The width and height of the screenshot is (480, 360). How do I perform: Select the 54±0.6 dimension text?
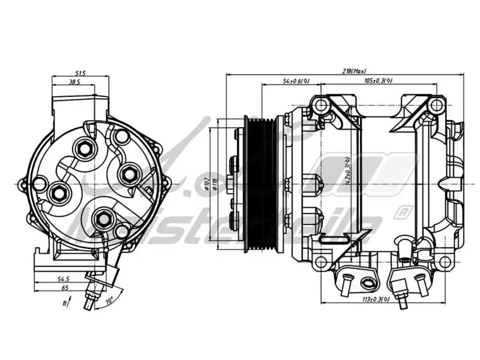click(x=296, y=80)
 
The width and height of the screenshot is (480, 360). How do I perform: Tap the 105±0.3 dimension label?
click(x=379, y=80)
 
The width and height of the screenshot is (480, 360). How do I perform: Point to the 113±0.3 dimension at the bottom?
click(x=378, y=298)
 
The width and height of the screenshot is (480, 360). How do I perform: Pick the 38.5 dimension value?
click(x=74, y=82)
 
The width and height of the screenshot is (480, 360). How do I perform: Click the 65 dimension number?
click(x=64, y=289)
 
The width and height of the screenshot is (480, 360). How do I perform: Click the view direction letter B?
click(x=65, y=304)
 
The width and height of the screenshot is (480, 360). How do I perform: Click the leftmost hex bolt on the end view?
click(x=59, y=193)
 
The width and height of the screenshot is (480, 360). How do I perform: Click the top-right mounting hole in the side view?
click(x=435, y=106)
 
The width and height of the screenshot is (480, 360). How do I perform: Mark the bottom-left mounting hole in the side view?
click(x=321, y=262)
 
